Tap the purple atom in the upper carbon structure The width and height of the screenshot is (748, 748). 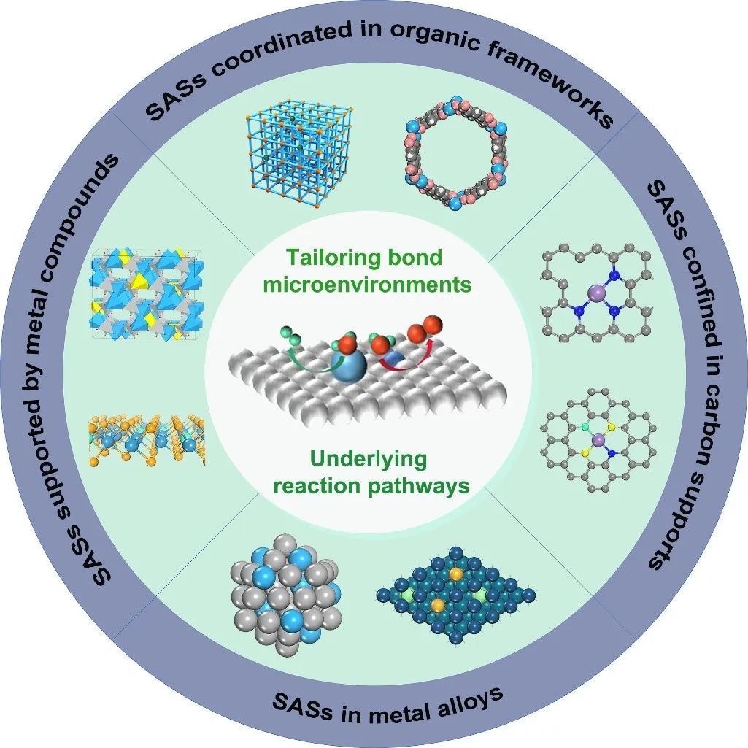[x=595, y=293]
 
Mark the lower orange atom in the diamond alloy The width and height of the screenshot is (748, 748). [x=437, y=605]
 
